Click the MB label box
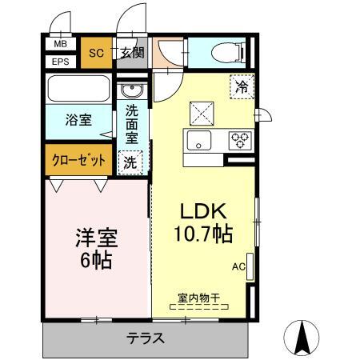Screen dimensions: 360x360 pyautogui.click(x=60, y=46)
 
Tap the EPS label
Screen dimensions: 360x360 pyautogui.click(x=60, y=61)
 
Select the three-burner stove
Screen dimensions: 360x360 pyautogui.click(x=239, y=141)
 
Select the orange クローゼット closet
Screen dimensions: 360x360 pyautogui.click(x=78, y=159)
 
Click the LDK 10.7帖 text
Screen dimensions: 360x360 pyautogui.click(x=204, y=224)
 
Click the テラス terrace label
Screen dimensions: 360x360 pyautogui.click(x=146, y=338)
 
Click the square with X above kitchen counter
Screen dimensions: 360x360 pyautogui.click(x=199, y=112)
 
